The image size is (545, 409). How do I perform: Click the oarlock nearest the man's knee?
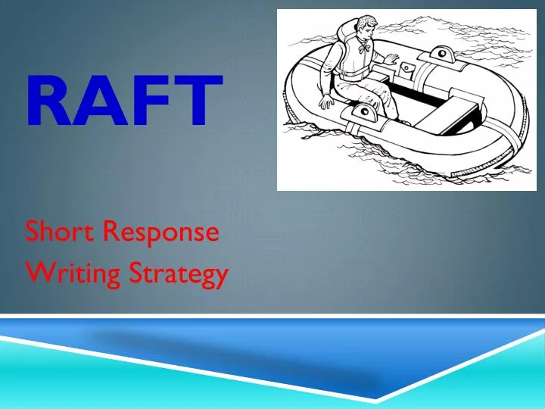367,112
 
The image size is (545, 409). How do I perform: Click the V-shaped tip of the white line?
376,400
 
